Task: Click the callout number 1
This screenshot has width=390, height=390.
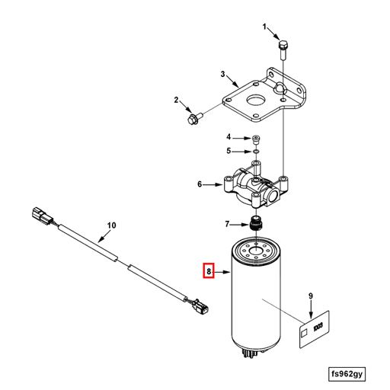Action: (x=266, y=27)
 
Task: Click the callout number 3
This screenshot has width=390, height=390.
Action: (x=223, y=74)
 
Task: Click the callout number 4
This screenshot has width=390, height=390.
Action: (x=228, y=137)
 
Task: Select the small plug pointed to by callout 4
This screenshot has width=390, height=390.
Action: (x=256, y=139)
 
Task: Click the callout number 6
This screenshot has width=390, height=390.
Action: (x=200, y=184)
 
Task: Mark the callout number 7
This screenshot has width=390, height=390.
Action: (x=227, y=223)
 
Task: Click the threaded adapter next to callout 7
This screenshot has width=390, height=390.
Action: (x=256, y=224)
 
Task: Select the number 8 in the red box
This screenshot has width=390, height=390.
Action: (x=208, y=270)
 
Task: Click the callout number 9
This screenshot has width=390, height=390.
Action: (x=311, y=296)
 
